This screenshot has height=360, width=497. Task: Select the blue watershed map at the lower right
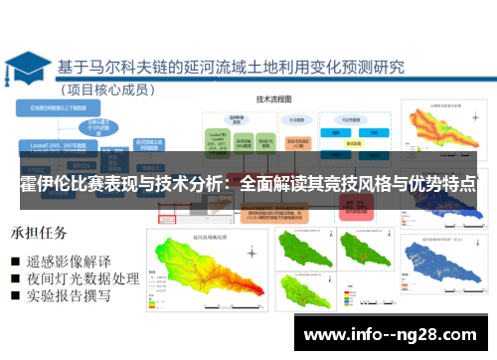[445, 268]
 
